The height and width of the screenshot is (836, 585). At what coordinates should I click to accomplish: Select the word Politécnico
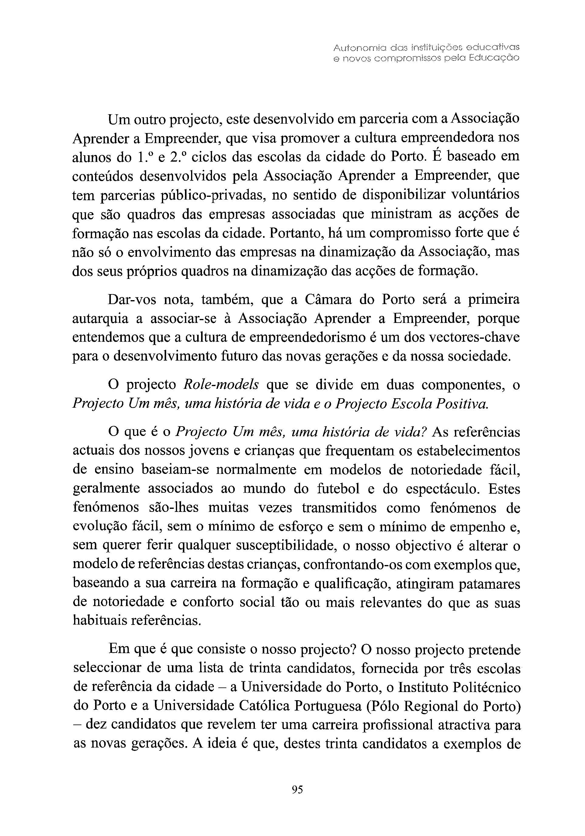click(486, 687)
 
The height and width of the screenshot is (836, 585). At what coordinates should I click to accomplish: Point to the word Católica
click(264, 706)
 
